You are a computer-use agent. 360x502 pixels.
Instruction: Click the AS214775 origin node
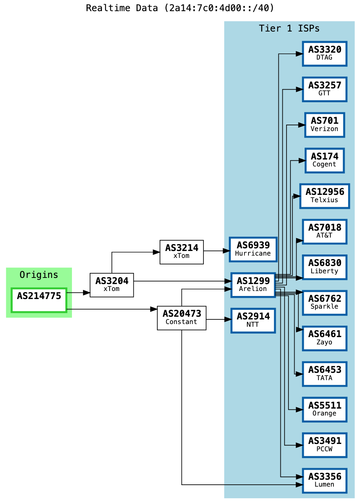click(x=39, y=300)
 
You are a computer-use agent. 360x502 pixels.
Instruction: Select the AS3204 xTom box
click(x=112, y=285)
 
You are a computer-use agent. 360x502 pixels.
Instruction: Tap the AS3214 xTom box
click(x=182, y=252)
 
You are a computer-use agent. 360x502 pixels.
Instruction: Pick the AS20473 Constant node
click(x=182, y=318)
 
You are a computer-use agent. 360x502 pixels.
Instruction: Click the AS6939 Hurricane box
click(x=253, y=249)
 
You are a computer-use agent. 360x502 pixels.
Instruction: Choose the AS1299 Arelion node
click(x=253, y=285)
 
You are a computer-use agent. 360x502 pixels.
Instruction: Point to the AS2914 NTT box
click(x=253, y=321)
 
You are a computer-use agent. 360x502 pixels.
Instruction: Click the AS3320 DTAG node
click(x=325, y=54)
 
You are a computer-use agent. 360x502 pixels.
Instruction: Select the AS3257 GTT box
click(x=325, y=90)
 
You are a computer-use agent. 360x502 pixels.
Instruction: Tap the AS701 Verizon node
click(x=325, y=125)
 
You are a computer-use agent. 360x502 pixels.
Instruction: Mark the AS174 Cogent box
click(x=325, y=161)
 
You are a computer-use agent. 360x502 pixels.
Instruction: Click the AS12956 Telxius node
click(x=325, y=196)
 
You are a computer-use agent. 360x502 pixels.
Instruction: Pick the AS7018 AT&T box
click(x=325, y=232)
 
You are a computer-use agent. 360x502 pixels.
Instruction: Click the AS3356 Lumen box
click(x=325, y=480)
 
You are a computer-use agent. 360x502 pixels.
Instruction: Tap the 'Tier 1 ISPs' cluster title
click(x=289, y=28)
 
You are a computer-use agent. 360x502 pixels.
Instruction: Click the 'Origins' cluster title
click(x=39, y=275)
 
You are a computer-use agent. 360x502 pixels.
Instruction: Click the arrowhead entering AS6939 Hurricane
click(x=226, y=251)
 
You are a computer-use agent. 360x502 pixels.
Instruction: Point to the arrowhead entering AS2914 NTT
click(x=228, y=319)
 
